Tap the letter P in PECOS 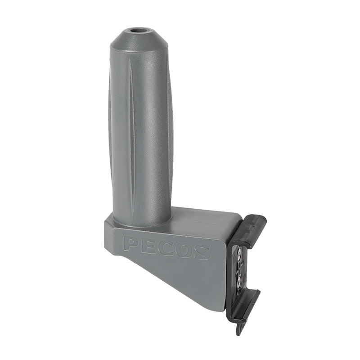coord(131,244)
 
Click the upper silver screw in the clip coord(239,255)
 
